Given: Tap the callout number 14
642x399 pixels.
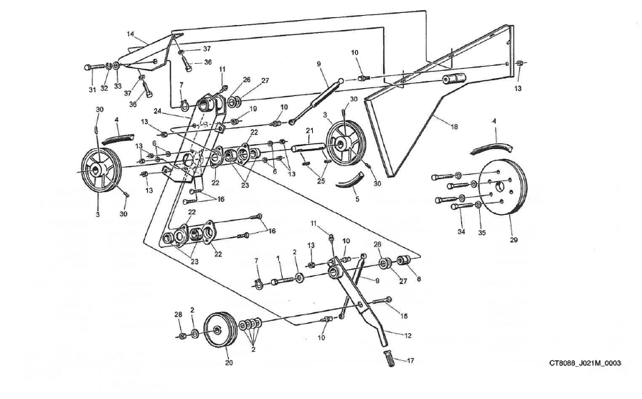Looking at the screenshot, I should click(131, 34).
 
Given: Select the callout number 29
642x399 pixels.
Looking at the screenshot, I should click(514, 240).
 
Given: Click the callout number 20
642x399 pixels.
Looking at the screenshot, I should click(230, 362).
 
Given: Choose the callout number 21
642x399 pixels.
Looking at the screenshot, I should click(309, 130).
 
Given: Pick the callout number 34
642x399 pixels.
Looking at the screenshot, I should click(461, 231).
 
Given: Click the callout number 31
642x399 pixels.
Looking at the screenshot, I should click(92, 89).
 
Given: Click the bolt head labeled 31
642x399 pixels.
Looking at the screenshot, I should click(88, 67).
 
